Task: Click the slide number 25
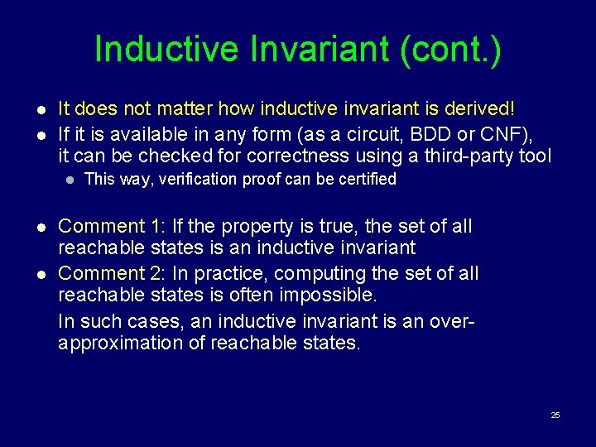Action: coord(555,415)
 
